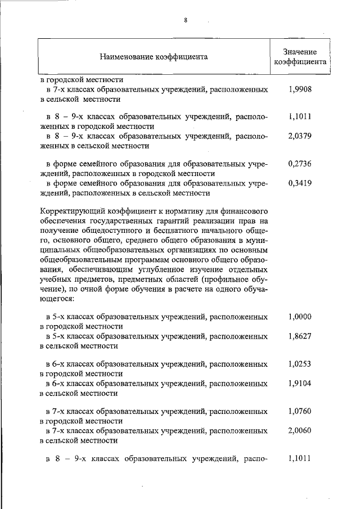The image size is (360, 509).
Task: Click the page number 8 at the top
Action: pyautogui.click(x=185, y=21)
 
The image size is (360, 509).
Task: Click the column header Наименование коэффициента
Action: pyautogui.click(x=154, y=57)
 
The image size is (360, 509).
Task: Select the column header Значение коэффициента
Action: pyautogui.click(x=300, y=57)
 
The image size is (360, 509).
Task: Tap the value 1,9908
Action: pyautogui.click(x=299, y=89)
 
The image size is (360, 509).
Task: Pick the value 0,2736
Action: pyautogui.click(x=299, y=164)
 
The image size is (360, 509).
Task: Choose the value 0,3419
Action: pyautogui.click(x=299, y=183)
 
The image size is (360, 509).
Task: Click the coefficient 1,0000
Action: pyautogui.click(x=299, y=317)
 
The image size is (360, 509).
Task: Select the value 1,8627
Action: pyautogui.click(x=299, y=336)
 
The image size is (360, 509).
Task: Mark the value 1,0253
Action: pyautogui.click(x=299, y=364)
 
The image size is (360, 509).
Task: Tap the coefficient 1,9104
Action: pyautogui.click(x=299, y=383)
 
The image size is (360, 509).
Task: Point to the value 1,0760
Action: pyautogui.click(x=299, y=411)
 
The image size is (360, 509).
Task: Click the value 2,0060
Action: pyautogui.click(x=299, y=430)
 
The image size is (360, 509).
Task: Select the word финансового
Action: pyautogui.click(x=244, y=211)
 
